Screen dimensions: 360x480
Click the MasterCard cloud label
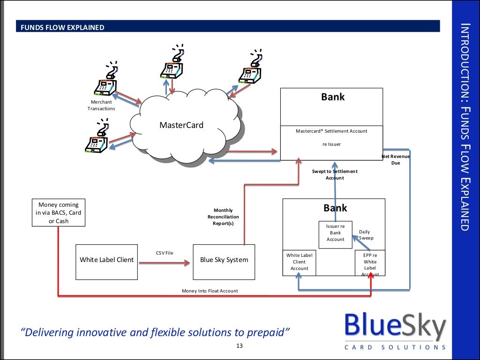tap(181, 125)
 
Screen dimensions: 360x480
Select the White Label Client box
tap(106, 260)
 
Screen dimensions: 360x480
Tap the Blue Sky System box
tap(224, 260)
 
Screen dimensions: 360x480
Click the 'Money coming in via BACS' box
tap(59, 213)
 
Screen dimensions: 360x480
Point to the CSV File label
tap(165, 253)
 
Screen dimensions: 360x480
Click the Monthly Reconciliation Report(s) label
tap(223, 217)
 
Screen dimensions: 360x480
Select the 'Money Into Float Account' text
tap(210, 291)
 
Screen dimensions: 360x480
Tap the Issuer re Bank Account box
tap(335, 233)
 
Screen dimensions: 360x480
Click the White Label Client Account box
tap(299, 262)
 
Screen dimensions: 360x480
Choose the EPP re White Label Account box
tap(370, 264)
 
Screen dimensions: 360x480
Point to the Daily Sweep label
tap(365, 235)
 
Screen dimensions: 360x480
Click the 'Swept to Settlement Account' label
tap(335, 174)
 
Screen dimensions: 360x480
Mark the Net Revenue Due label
tap(396, 159)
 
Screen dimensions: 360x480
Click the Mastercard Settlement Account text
tap(331, 131)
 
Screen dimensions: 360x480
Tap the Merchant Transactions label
tap(101, 105)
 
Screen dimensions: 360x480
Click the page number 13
tap(240, 346)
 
